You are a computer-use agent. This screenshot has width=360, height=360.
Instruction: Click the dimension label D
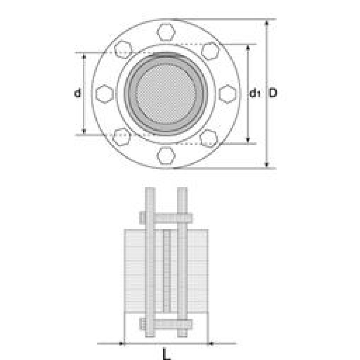(x=273, y=93)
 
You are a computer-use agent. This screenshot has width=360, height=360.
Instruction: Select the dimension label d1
(x=255, y=94)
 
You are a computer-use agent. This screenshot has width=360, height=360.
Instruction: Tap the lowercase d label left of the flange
(x=77, y=93)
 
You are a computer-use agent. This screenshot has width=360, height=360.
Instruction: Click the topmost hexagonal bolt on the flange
(x=166, y=32)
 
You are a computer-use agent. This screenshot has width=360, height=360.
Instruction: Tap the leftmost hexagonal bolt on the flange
(x=105, y=94)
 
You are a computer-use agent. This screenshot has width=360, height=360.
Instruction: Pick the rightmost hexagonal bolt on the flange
(x=228, y=94)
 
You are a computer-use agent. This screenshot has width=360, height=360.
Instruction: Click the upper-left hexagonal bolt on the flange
(x=123, y=50)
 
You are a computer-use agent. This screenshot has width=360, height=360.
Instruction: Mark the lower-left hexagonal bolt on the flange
(x=122, y=137)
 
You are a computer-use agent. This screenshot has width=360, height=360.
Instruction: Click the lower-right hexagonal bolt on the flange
(x=209, y=138)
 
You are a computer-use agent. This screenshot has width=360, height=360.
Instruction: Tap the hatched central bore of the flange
(x=166, y=94)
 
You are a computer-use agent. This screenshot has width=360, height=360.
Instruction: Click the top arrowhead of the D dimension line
(x=267, y=22)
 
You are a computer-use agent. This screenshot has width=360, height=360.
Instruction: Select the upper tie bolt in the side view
(x=166, y=218)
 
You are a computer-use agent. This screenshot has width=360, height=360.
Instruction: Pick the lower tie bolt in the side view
(x=166, y=325)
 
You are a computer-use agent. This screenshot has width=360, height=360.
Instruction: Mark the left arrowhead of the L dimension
(x=121, y=343)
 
